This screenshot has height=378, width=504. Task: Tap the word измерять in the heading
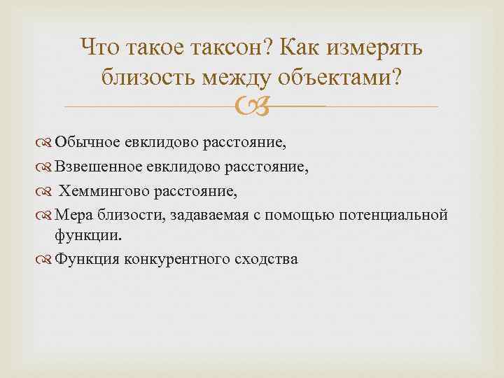pyautogui.click(x=376, y=48)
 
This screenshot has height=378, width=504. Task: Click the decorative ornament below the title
pyautogui.click(x=252, y=107)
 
